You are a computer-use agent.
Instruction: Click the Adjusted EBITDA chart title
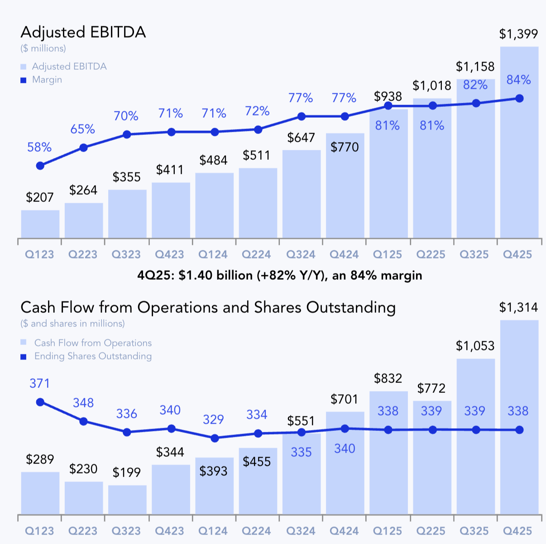point(83,33)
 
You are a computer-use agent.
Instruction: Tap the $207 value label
point(40,197)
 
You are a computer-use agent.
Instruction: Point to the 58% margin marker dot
point(40,166)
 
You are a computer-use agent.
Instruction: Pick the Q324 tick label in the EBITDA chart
point(301,255)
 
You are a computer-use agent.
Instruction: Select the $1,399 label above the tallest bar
point(518,34)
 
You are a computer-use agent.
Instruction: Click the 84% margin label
point(518,80)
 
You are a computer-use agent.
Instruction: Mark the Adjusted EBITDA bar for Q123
point(40,224)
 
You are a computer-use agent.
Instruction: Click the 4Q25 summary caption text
point(279,275)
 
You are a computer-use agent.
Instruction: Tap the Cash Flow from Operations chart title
point(208,308)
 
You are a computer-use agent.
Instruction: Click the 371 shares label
point(40,384)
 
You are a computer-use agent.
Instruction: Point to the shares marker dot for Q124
point(215,438)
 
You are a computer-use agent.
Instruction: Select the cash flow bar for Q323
point(127,500)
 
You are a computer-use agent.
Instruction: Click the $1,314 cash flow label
point(518,308)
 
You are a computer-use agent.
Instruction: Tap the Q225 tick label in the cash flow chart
point(431,531)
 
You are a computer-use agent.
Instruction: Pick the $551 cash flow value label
point(301,421)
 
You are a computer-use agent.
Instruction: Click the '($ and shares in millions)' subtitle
point(72,324)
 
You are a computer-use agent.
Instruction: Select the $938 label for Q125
point(388,96)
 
